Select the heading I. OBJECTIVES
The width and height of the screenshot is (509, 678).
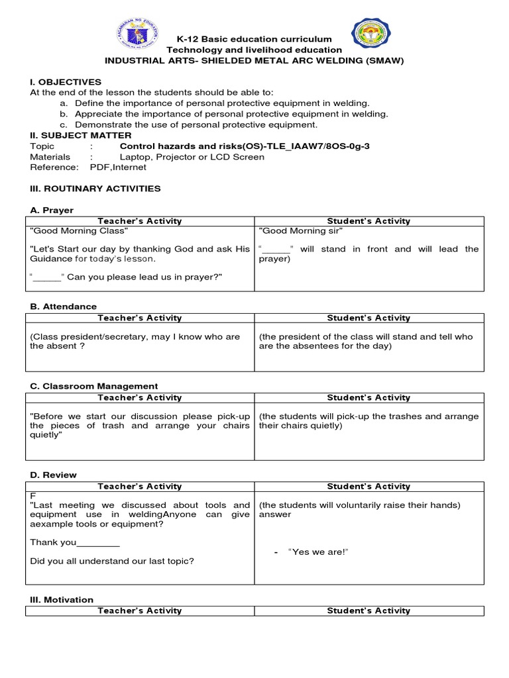(x=66, y=81)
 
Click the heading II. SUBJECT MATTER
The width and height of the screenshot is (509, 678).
(x=81, y=135)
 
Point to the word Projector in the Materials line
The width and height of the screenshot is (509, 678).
(x=175, y=157)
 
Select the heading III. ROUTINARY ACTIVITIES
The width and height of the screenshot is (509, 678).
(x=95, y=189)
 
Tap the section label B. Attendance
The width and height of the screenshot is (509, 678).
(x=63, y=307)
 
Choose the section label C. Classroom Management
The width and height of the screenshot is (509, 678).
(x=94, y=386)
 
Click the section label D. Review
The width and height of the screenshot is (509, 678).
(x=53, y=475)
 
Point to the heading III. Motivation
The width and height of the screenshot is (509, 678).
(x=62, y=599)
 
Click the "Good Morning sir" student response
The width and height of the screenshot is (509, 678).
(x=300, y=231)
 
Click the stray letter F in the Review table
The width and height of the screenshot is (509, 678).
(x=32, y=495)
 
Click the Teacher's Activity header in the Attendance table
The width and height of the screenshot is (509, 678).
(x=139, y=318)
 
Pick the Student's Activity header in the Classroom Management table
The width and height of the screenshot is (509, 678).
(x=368, y=398)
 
